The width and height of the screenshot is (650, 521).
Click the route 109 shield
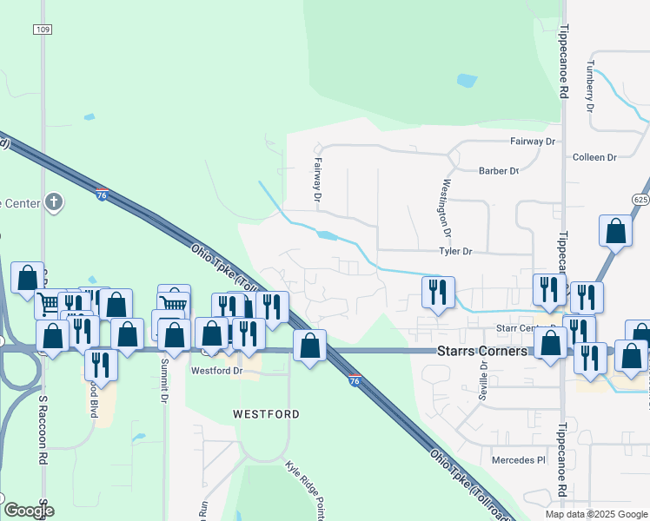click(x=44, y=29)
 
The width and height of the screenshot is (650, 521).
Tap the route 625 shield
click(x=640, y=199)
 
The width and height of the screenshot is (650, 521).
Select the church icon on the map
click(x=54, y=203)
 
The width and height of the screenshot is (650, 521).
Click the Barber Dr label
click(x=498, y=171)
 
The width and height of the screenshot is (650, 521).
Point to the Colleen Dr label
click(x=594, y=157)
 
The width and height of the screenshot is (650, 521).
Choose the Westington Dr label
click(x=447, y=208)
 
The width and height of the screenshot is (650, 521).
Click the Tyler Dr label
click(x=455, y=252)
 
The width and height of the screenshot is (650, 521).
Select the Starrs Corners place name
click(x=481, y=352)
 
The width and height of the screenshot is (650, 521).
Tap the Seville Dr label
click(x=483, y=381)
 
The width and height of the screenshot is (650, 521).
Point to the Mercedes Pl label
click(x=518, y=459)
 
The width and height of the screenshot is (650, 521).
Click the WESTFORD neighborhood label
click(x=266, y=415)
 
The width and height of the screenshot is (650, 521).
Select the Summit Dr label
click(x=163, y=383)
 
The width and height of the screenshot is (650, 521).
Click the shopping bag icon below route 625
click(x=615, y=231)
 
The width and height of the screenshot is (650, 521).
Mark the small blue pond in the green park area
click(x=467, y=81)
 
